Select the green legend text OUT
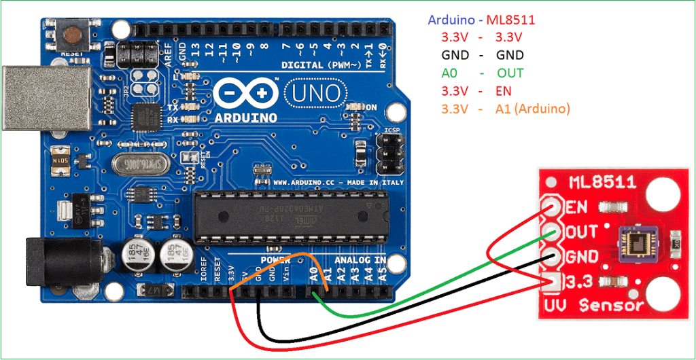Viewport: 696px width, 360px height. click(x=510, y=73)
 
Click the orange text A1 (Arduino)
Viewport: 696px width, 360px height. click(x=533, y=109)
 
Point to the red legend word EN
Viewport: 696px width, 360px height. click(x=504, y=91)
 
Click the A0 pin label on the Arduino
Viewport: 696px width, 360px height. click(x=313, y=275)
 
